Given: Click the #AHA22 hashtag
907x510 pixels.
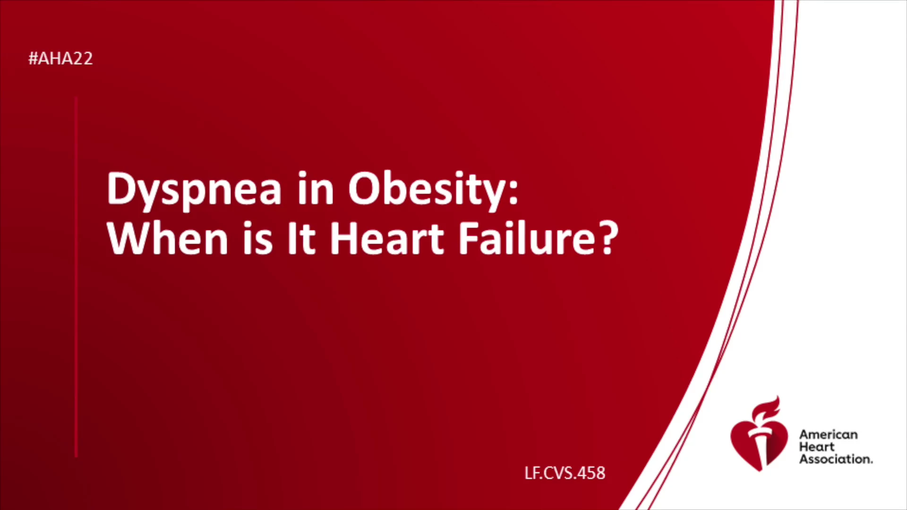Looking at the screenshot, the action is coord(60,59).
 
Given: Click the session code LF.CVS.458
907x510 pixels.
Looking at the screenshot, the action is coord(565,473).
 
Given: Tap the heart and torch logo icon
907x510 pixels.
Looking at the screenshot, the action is coord(759,434).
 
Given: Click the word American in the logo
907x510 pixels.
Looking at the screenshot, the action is coord(829,434).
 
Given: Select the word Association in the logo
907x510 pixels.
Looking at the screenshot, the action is coord(836,459).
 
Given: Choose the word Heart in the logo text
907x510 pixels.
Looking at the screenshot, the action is coord(817,447).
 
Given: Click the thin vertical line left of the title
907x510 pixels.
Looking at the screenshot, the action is coord(76,277).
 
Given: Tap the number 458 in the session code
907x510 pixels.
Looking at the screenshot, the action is coord(591,473).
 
